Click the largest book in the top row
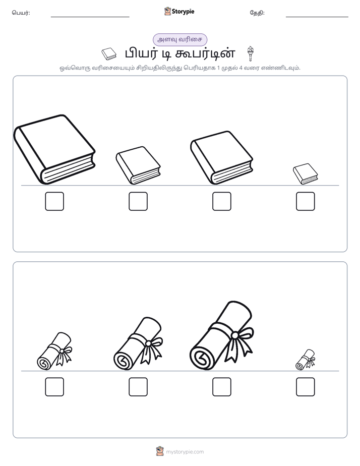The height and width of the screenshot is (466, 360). pyautogui.click(x=54, y=149)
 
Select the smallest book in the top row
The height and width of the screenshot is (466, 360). pyautogui.click(x=306, y=174)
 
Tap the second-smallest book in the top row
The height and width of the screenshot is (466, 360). pyautogui.click(x=138, y=165)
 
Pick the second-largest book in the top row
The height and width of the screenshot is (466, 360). pyautogui.click(x=221, y=157)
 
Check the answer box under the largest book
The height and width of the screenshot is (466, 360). pyautogui.click(x=54, y=201)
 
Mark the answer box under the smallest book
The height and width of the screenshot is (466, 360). pyautogui.click(x=306, y=201)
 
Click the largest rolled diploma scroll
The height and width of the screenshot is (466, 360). pyautogui.click(x=221, y=336)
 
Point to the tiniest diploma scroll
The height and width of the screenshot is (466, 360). pyautogui.click(x=306, y=360)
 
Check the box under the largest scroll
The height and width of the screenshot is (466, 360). pyautogui.click(x=221, y=387)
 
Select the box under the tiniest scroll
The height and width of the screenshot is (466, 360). pyautogui.click(x=306, y=387)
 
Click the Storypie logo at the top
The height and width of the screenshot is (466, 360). pyautogui.click(x=179, y=11)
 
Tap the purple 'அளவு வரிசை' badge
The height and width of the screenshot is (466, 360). pyautogui.click(x=180, y=39)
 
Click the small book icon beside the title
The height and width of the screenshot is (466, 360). pyautogui.click(x=109, y=54)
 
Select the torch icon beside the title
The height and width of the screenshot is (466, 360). pyautogui.click(x=251, y=53)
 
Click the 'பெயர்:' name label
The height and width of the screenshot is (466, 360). pyautogui.click(x=21, y=13)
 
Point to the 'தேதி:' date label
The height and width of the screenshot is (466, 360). pyautogui.click(x=257, y=13)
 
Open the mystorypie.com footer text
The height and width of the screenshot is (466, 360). pyautogui.click(x=185, y=452)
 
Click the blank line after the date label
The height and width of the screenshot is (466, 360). pyautogui.click(x=317, y=17)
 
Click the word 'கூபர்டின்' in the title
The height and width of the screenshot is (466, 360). pyautogui.click(x=205, y=53)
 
